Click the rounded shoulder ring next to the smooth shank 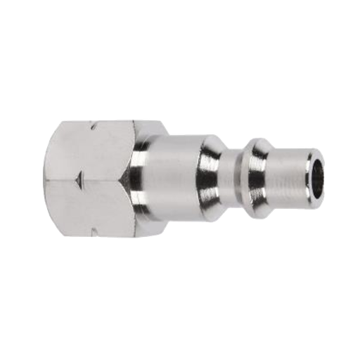click(x=210, y=180)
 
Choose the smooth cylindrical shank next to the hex click(x=169, y=180)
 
